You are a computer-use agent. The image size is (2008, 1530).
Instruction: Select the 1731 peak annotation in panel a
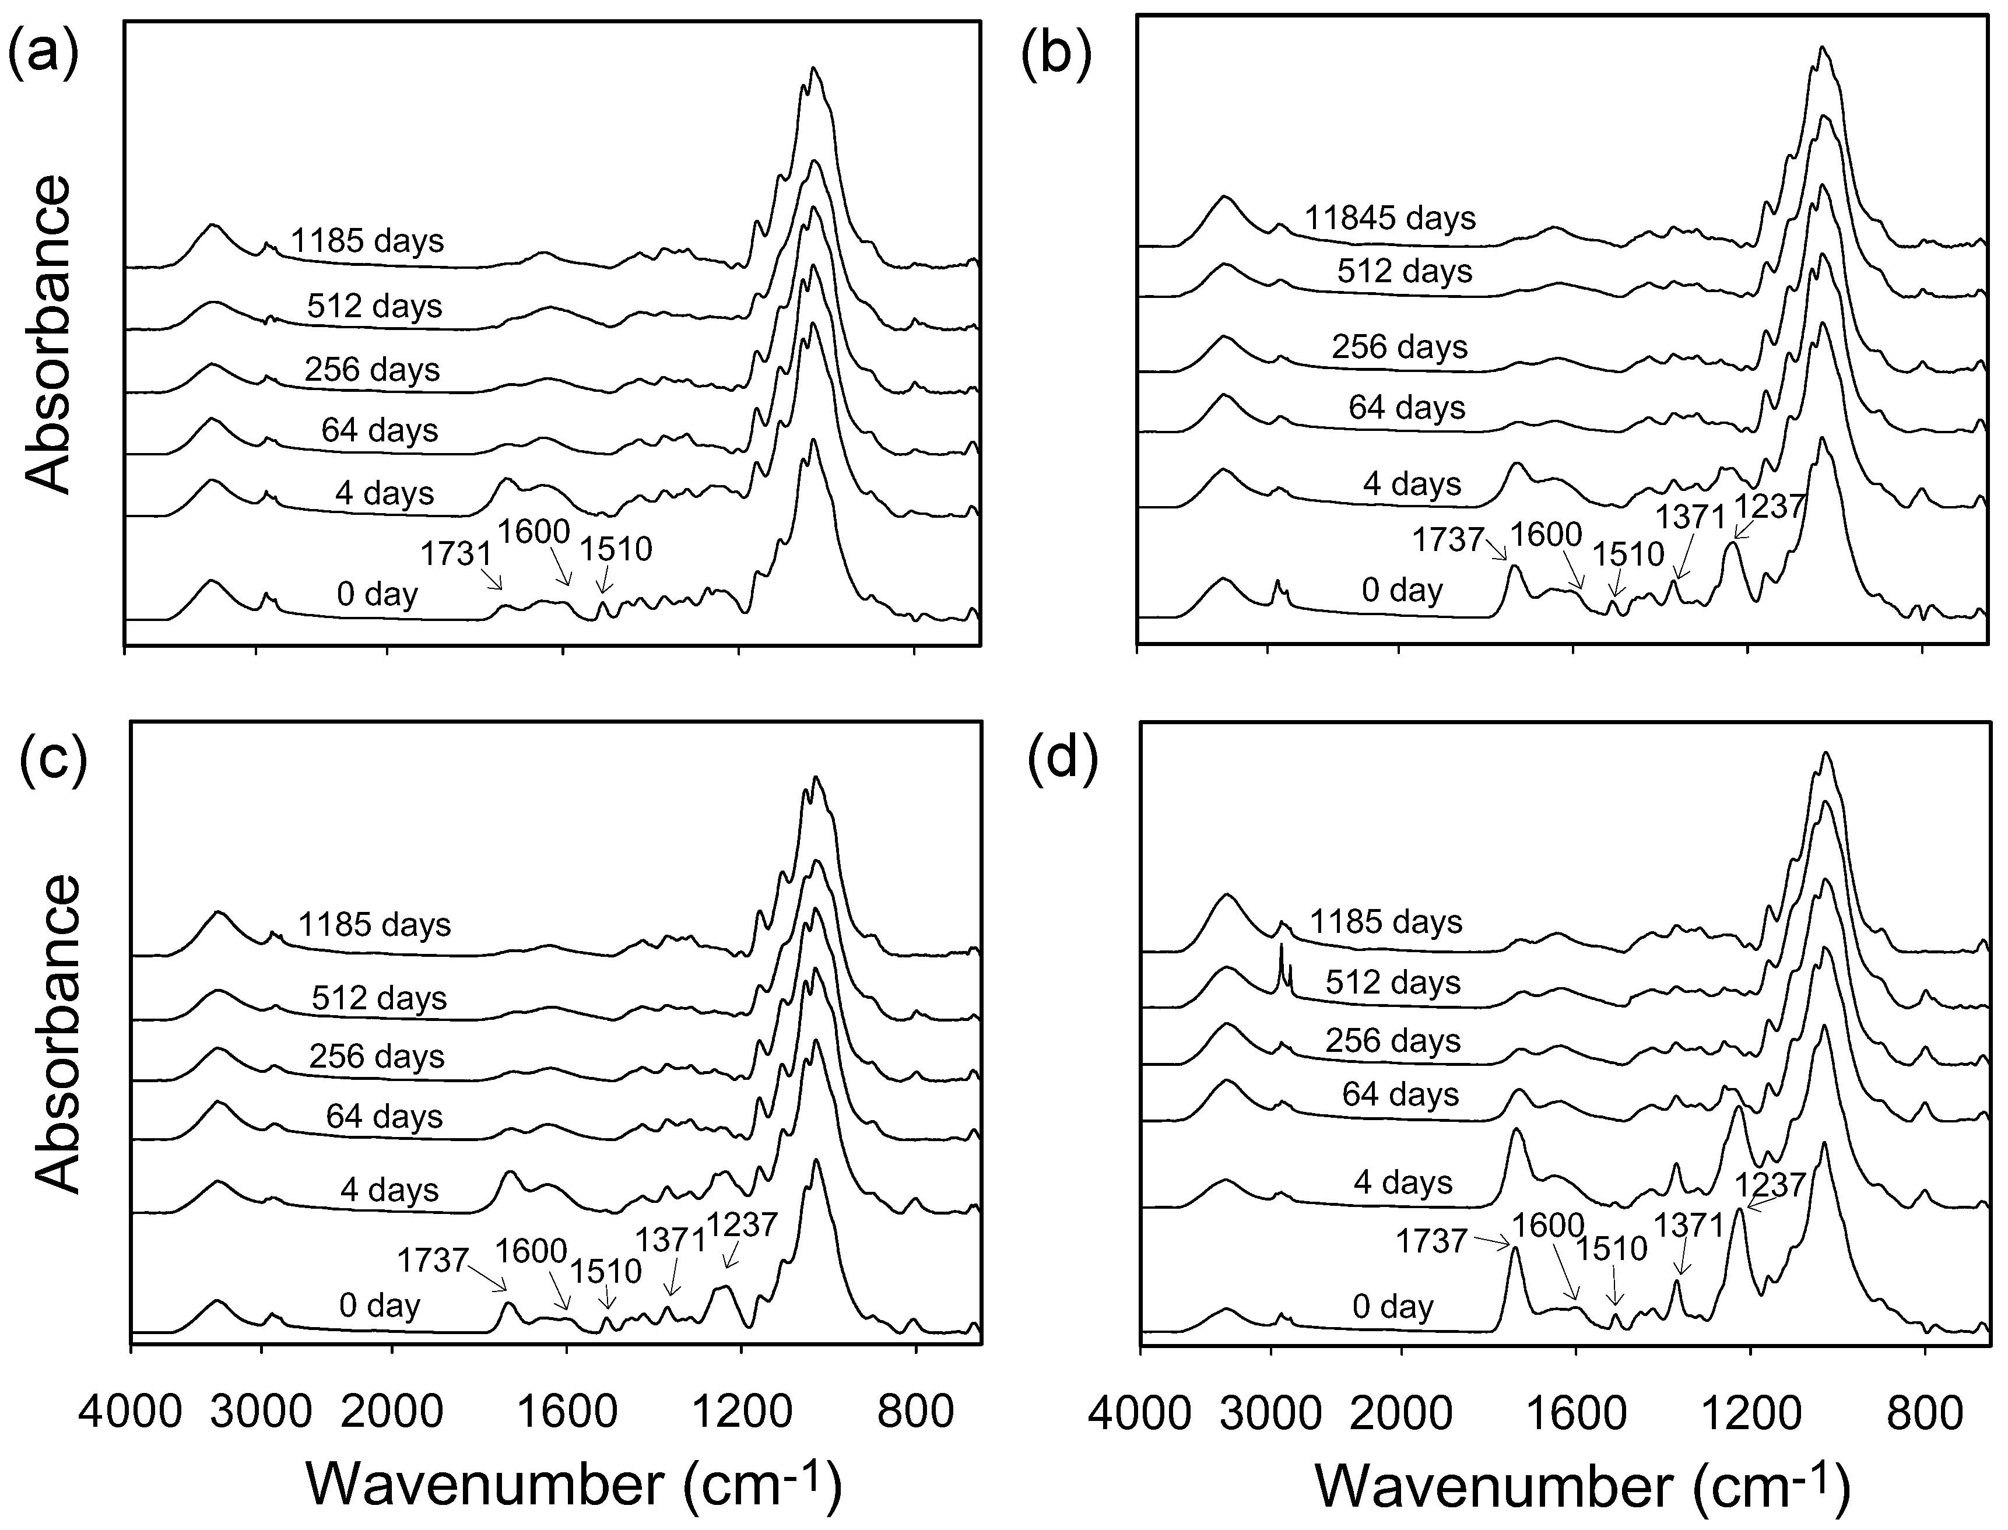[455, 552]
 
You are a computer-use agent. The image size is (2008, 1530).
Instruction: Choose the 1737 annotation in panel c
[433, 1261]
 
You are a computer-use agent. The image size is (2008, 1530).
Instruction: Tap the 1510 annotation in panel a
[616, 548]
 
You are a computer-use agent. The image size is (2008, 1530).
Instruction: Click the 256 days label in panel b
[1400, 347]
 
